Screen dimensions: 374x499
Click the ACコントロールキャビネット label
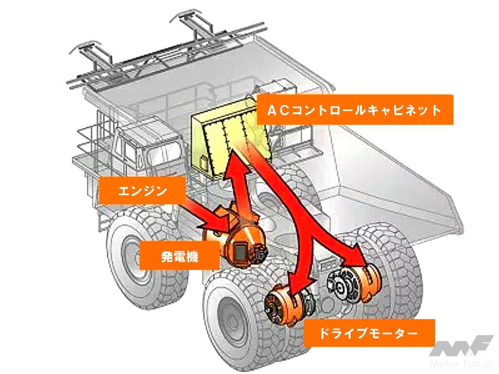coord(354,110)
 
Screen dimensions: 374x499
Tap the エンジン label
coord(142,190)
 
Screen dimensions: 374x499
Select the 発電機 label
coord(179,256)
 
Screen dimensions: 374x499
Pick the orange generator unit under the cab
coord(239,238)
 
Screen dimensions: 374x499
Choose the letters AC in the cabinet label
coord(277,110)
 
